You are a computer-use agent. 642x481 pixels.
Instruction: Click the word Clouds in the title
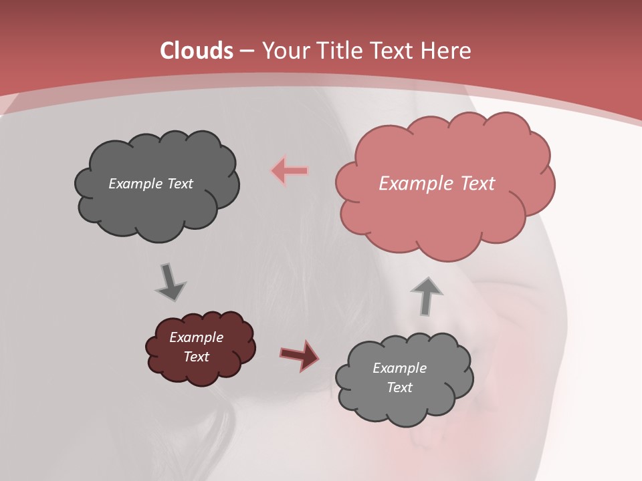click(x=197, y=51)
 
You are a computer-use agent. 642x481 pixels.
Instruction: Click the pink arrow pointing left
click(x=290, y=171)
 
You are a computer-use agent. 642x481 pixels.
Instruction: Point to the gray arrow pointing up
click(x=426, y=295)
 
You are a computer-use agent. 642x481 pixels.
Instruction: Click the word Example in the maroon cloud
click(x=196, y=337)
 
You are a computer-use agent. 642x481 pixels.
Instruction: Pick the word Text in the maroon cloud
click(x=196, y=357)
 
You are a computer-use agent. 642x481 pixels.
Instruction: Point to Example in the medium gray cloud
click(x=399, y=368)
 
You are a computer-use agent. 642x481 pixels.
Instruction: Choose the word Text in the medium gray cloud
click(x=399, y=387)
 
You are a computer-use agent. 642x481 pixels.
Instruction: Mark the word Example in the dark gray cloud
click(x=136, y=184)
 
